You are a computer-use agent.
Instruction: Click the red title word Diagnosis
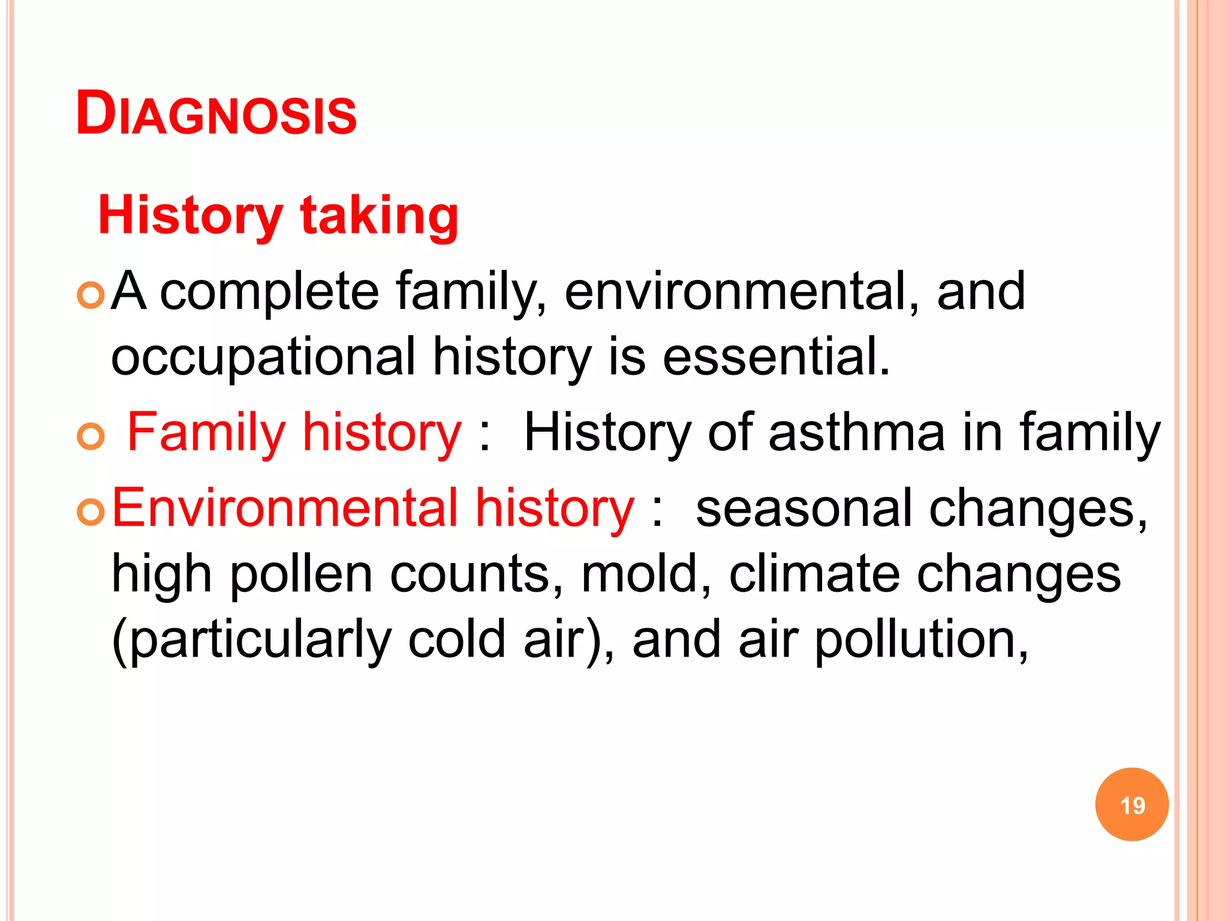point(216,114)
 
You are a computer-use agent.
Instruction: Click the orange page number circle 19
point(1131,805)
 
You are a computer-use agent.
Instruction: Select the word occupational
point(263,357)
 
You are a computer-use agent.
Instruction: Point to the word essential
point(776,356)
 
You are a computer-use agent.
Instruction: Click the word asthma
point(856,432)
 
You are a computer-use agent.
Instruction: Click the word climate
point(814,574)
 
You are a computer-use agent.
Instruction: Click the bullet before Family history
point(91,437)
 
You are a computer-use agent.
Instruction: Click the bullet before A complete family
point(91,296)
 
